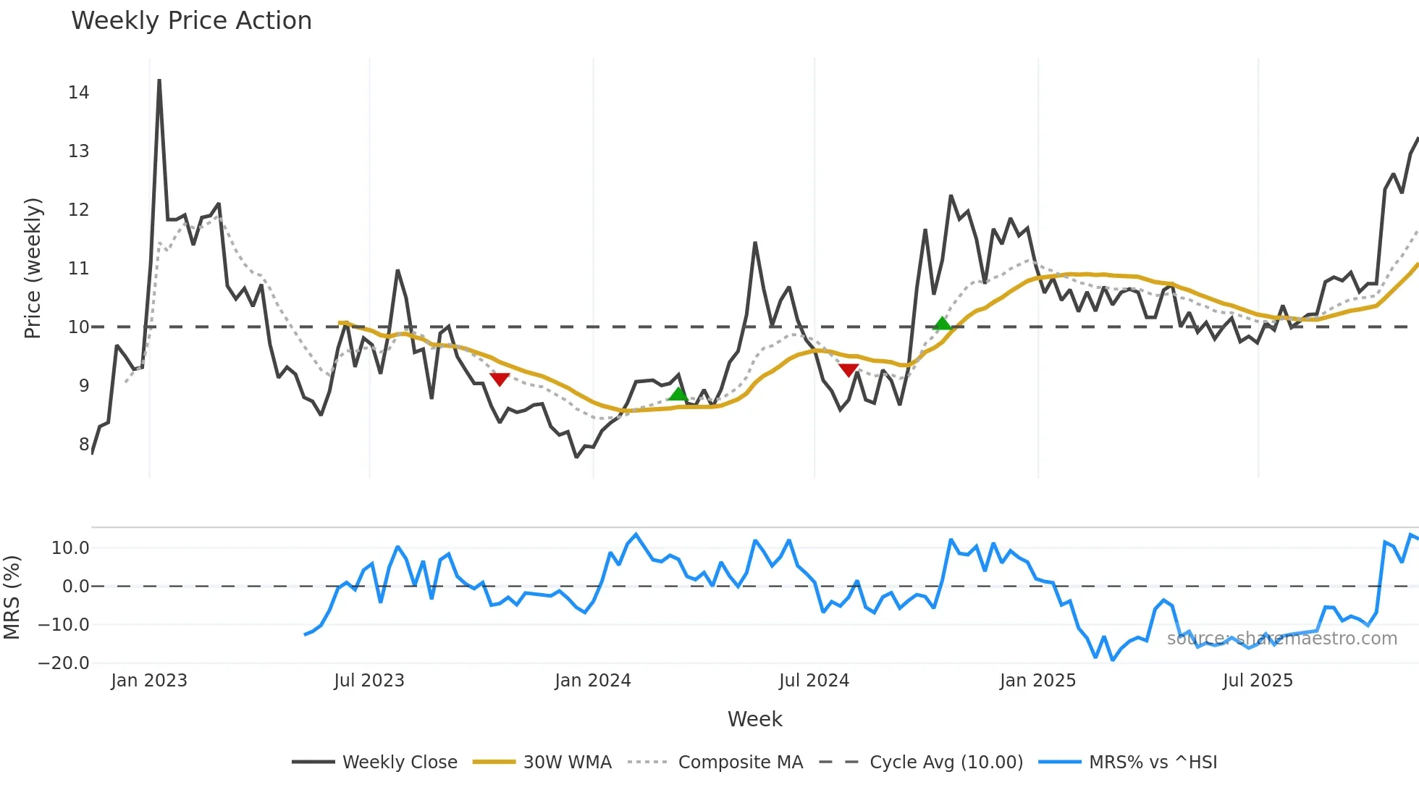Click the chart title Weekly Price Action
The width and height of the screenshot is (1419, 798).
click(191, 21)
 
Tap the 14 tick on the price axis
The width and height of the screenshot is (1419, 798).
click(79, 93)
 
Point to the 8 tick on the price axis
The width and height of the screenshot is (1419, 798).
click(84, 445)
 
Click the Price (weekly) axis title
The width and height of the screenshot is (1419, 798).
click(33, 268)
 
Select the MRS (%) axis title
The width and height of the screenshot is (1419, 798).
click(12, 597)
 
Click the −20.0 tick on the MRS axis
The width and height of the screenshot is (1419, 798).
click(64, 663)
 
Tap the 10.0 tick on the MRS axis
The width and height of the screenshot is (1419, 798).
click(70, 548)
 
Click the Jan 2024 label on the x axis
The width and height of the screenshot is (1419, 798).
click(592, 681)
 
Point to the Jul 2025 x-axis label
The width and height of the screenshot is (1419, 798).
click(1258, 681)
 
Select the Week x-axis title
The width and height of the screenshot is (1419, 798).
click(754, 719)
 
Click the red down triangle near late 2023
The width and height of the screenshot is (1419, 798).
click(500, 379)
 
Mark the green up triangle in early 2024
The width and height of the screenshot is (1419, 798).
click(678, 394)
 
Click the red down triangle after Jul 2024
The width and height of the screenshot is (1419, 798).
click(849, 370)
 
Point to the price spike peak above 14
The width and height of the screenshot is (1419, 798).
click(159, 80)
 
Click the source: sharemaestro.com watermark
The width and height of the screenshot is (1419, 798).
click(1281, 639)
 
